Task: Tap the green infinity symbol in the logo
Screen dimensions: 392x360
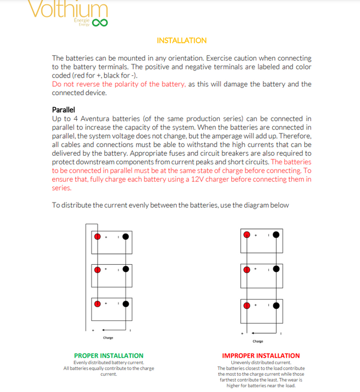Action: (100, 23)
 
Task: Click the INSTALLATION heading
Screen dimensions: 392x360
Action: (182, 40)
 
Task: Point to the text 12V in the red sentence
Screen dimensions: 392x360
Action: (199, 180)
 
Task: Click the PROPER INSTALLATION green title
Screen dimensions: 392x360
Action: (109, 355)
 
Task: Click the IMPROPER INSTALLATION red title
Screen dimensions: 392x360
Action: (261, 355)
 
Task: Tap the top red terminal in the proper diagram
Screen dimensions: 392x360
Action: (98, 236)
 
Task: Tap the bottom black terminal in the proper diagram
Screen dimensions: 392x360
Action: (127, 303)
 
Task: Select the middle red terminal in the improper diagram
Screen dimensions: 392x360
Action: (247, 269)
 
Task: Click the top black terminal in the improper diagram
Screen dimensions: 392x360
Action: (276, 235)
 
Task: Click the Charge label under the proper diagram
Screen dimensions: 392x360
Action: (108, 338)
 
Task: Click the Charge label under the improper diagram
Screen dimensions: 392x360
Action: (258, 341)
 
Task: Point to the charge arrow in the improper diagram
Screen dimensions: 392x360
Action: (259, 332)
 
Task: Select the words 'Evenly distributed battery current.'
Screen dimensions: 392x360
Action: (109, 363)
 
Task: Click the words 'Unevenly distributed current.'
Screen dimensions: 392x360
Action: (261, 363)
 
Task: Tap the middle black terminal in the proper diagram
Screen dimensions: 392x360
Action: (127, 270)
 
